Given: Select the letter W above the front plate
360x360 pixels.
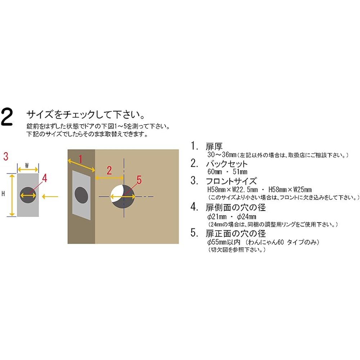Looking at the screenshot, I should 27,165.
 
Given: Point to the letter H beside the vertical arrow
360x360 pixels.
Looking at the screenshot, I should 3,194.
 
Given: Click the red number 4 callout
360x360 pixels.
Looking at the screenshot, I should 45,177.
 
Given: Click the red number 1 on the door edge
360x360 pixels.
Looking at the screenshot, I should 81,159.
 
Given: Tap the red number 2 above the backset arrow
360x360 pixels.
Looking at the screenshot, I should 109,170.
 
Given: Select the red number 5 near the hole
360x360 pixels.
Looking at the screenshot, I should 140,179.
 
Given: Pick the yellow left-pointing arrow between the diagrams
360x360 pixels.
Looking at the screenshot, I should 50,196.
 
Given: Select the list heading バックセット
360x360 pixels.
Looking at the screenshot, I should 226,164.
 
